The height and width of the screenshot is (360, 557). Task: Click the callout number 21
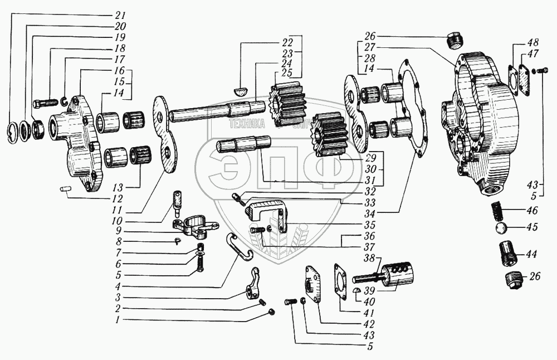(121, 14)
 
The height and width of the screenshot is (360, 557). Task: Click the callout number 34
(384, 212)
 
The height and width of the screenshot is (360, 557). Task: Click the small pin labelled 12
(65, 189)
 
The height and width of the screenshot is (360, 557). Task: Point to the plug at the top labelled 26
(455, 41)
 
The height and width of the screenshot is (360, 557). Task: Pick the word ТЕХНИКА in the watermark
(247, 125)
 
